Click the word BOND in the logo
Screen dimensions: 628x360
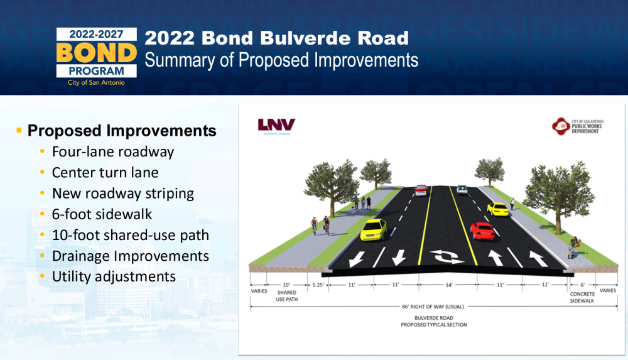click(97, 53)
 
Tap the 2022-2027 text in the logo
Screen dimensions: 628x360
click(96, 34)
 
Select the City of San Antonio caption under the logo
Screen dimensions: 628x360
click(96, 82)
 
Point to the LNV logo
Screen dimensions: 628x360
click(276, 125)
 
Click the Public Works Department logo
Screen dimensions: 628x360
click(578, 126)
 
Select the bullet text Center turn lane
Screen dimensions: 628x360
click(106, 172)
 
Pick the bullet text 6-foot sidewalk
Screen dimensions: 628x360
click(102, 214)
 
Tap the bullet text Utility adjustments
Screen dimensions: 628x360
click(114, 276)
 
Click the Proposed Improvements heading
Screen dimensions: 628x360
click(122, 131)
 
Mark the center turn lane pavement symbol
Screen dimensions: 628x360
click(447, 256)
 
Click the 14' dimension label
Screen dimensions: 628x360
click(449, 285)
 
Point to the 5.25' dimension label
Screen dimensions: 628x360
click(318, 285)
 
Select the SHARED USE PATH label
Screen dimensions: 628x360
click(287, 296)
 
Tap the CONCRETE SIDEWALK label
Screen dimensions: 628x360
click(582, 297)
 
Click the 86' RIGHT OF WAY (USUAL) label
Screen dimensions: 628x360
click(433, 307)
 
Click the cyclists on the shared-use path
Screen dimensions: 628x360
click(320, 226)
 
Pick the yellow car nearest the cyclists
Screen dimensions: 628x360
click(373, 230)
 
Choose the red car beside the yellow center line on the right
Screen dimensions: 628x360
click(482, 231)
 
